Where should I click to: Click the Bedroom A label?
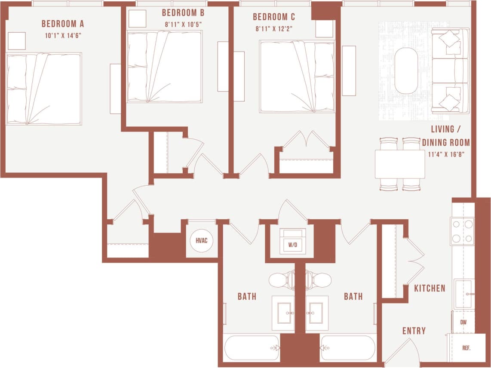pos(62,24)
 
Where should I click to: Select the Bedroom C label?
pos(274,17)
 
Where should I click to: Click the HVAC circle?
pos(202,240)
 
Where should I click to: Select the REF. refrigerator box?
pos(466,348)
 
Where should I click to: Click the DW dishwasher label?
pos(463,322)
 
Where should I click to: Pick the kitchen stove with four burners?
pos(462,231)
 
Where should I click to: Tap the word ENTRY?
pos(414,331)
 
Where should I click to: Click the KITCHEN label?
pos(430,288)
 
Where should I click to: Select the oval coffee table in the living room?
pos(406,71)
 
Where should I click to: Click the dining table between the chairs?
pos(400,164)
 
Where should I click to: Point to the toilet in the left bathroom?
pos(282,280)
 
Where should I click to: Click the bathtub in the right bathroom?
pos(348,347)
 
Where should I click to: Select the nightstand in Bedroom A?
pos(17,41)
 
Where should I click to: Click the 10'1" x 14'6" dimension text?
pos(63,36)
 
